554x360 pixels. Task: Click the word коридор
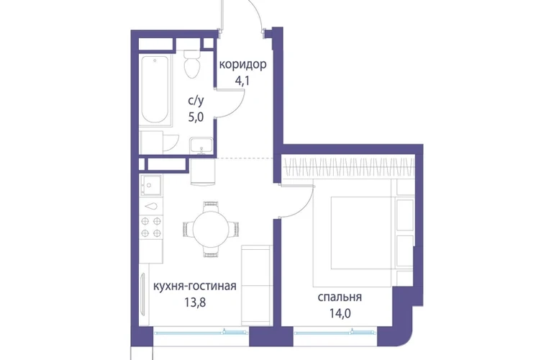pyautogui.click(x=242, y=66)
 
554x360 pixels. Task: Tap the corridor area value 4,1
pyautogui.click(x=242, y=81)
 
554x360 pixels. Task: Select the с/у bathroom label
pyautogui.click(x=196, y=101)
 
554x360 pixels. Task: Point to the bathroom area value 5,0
pyautogui.click(x=196, y=117)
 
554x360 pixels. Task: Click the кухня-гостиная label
pyautogui.click(x=195, y=286)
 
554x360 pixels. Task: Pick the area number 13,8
pyautogui.click(x=195, y=302)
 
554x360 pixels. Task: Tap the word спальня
pyautogui.click(x=340, y=297)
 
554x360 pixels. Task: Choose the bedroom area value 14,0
pyautogui.click(x=340, y=313)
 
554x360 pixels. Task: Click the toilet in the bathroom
pyautogui.click(x=192, y=63)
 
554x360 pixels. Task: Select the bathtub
pyautogui.click(x=155, y=90)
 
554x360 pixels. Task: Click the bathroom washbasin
pyautogui.click(x=201, y=145)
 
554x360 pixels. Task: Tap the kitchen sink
pyautogui.click(x=151, y=185)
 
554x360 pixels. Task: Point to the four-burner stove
pyautogui.click(x=151, y=227)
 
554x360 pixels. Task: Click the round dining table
pyautogui.click(x=211, y=229)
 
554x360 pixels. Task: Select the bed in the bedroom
pyautogui.click(x=353, y=233)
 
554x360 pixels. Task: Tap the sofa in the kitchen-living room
pyautogui.click(x=256, y=285)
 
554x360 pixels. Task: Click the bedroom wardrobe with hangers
pyautogui.click(x=348, y=166)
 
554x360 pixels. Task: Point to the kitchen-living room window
pyautogui.click(x=201, y=332)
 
